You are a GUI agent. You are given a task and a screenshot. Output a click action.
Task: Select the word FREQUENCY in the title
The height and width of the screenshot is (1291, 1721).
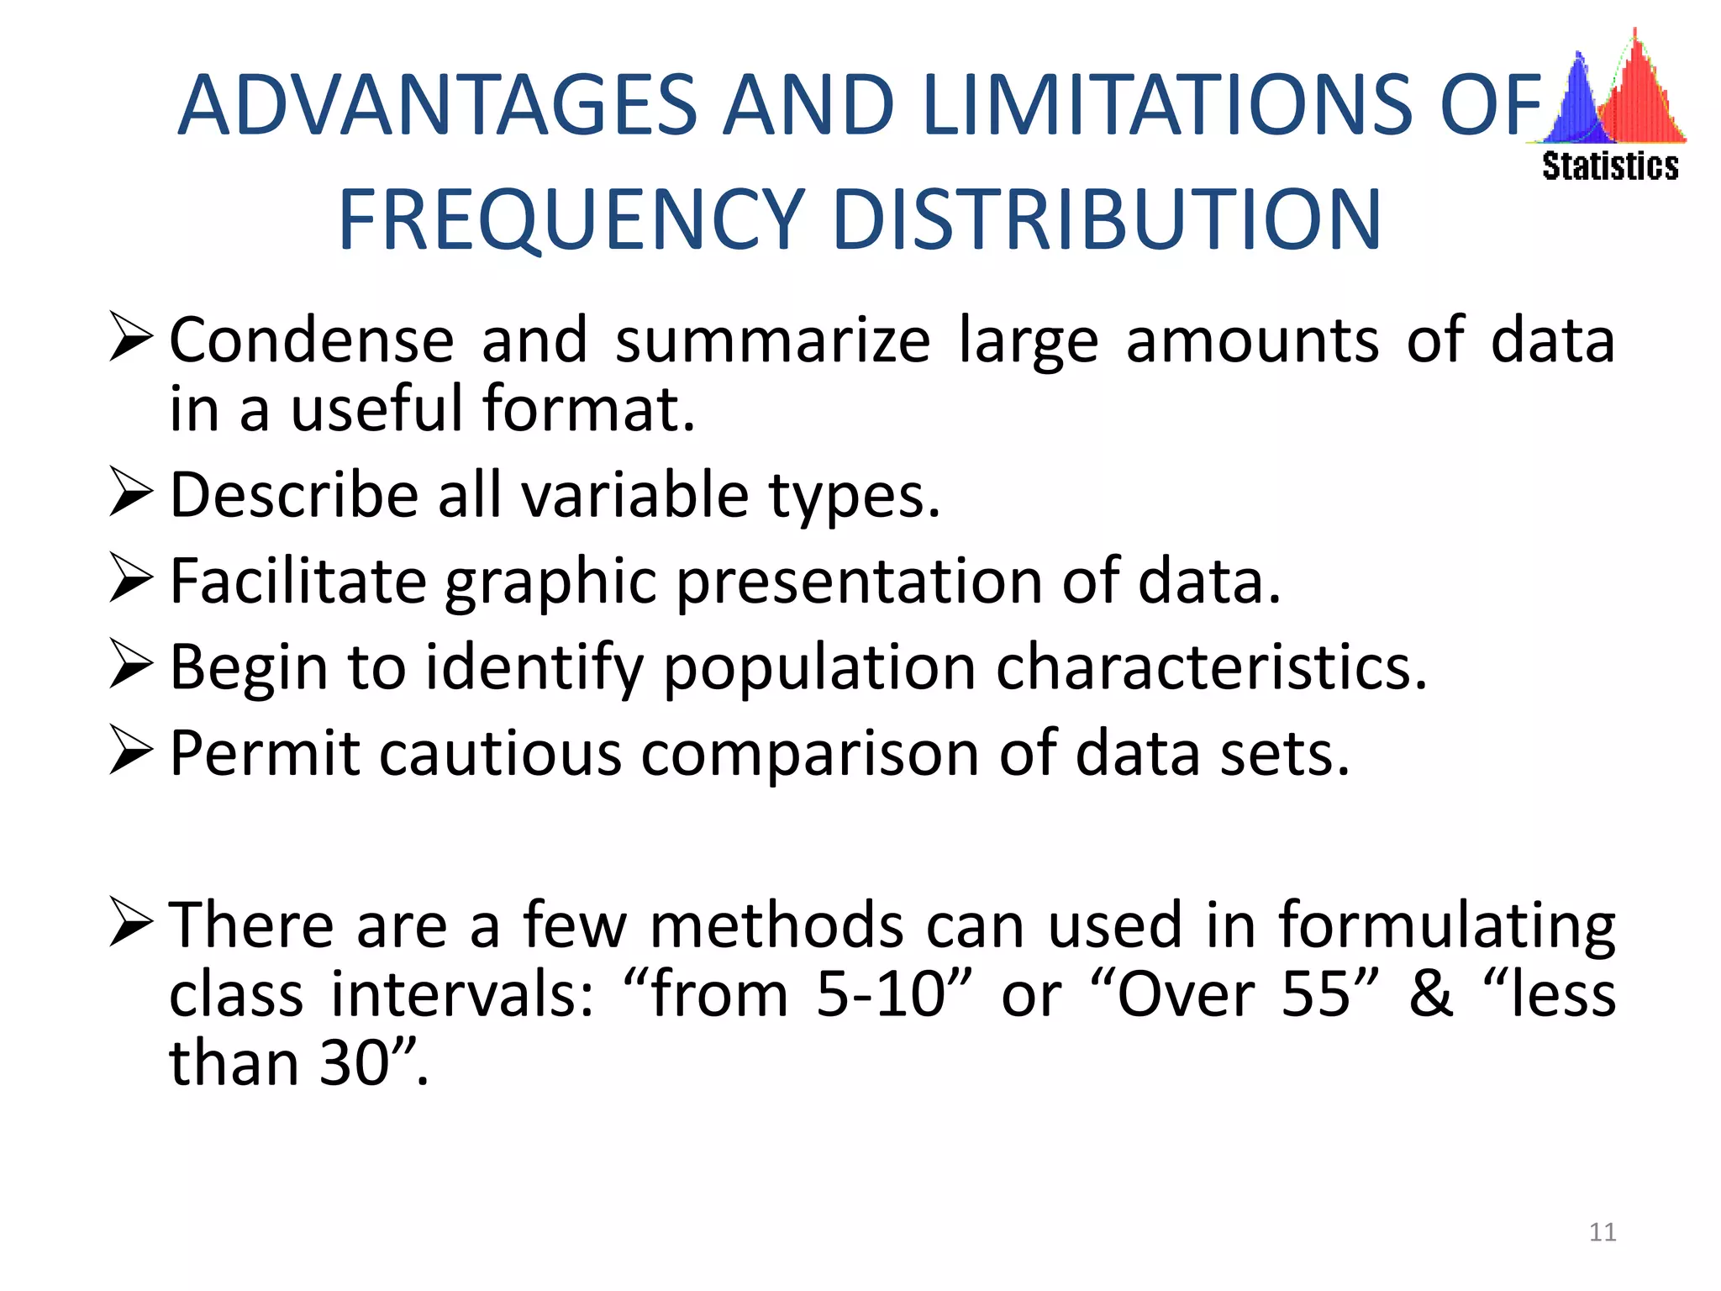pyautogui.click(x=571, y=220)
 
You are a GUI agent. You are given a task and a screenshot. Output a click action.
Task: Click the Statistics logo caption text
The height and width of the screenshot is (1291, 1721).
pyautogui.click(x=1610, y=166)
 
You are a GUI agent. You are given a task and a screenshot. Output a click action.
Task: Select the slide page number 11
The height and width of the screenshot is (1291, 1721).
pyautogui.click(x=1603, y=1232)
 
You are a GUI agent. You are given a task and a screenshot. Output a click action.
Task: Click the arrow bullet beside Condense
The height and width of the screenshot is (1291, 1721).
pyautogui.click(x=131, y=337)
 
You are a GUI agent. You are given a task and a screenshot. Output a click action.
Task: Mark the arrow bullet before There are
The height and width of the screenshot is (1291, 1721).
pyautogui.click(x=131, y=921)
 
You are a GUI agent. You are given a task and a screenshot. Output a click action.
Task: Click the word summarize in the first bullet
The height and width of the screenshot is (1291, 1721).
pyautogui.click(x=772, y=340)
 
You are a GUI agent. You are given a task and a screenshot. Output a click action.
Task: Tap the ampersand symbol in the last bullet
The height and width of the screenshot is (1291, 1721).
pyautogui.click(x=1430, y=994)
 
